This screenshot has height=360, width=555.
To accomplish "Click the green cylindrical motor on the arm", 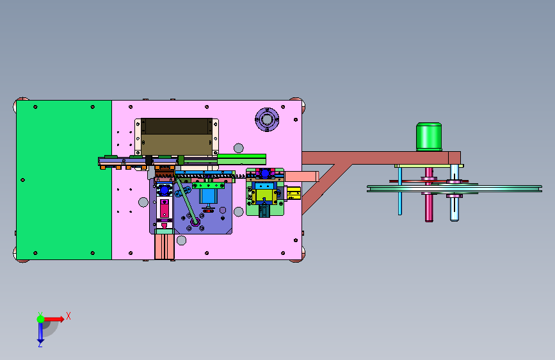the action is (x=429, y=137).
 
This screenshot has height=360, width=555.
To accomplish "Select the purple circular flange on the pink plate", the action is (x=267, y=119).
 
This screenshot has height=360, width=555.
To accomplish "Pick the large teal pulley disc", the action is (x=454, y=189).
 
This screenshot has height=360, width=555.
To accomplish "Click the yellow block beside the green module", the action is (x=294, y=193).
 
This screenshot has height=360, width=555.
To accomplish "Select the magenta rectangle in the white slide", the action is (x=165, y=209).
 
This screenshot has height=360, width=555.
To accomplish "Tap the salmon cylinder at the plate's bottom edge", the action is (x=165, y=245).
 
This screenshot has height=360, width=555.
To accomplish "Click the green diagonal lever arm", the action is (x=187, y=201).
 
